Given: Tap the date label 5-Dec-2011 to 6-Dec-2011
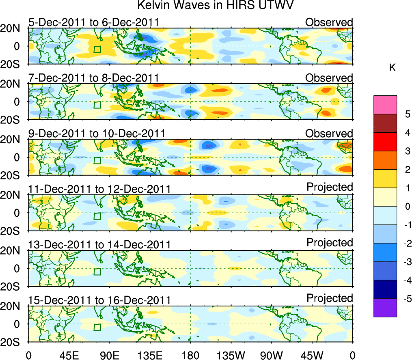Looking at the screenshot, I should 93,22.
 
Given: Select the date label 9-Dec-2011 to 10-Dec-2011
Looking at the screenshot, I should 97,134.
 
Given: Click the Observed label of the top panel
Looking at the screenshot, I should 329,22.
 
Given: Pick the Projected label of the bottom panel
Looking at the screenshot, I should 330,298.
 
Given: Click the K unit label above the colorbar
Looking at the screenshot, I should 393,68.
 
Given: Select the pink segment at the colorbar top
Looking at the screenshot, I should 385,105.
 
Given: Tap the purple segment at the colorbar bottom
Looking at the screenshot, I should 385,308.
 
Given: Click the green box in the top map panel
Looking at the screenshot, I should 97,49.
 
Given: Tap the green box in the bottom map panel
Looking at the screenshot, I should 97,327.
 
